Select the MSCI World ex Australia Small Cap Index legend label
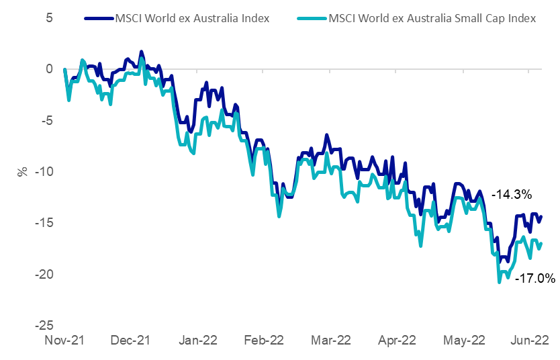pos(432,18)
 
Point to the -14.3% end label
pos(512,195)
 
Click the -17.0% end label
pos(535,277)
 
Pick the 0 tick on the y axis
pos(30,69)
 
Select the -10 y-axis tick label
pos(26,171)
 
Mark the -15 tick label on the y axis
pos(26,223)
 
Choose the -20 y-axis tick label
pos(26,274)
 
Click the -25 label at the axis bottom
pos(26,325)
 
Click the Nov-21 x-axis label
pos(65,341)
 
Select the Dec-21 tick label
pos(132,341)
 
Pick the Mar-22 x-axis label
pos(331,341)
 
